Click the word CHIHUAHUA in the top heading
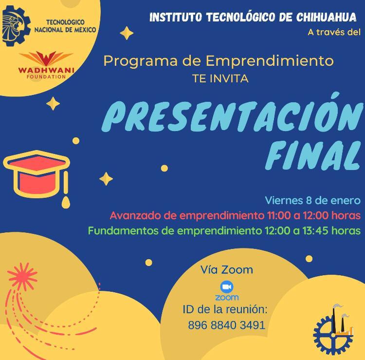326,17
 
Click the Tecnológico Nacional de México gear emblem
16,26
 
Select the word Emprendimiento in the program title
270,61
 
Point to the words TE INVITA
220,79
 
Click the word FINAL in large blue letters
312,155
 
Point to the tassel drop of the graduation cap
66,202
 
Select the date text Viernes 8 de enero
312,200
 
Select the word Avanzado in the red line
135,215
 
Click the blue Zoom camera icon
227,287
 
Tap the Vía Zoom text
227,270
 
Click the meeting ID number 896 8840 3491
226,325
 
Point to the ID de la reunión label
225,309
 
